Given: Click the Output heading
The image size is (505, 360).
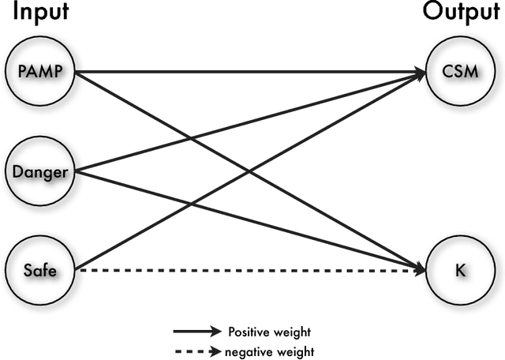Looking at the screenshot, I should (x=462, y=13).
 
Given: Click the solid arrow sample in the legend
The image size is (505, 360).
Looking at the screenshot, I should (x=197, y=332).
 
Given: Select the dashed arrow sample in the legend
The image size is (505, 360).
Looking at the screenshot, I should (x=197, y=351).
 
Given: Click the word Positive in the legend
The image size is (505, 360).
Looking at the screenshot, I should (x=245, y=332).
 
